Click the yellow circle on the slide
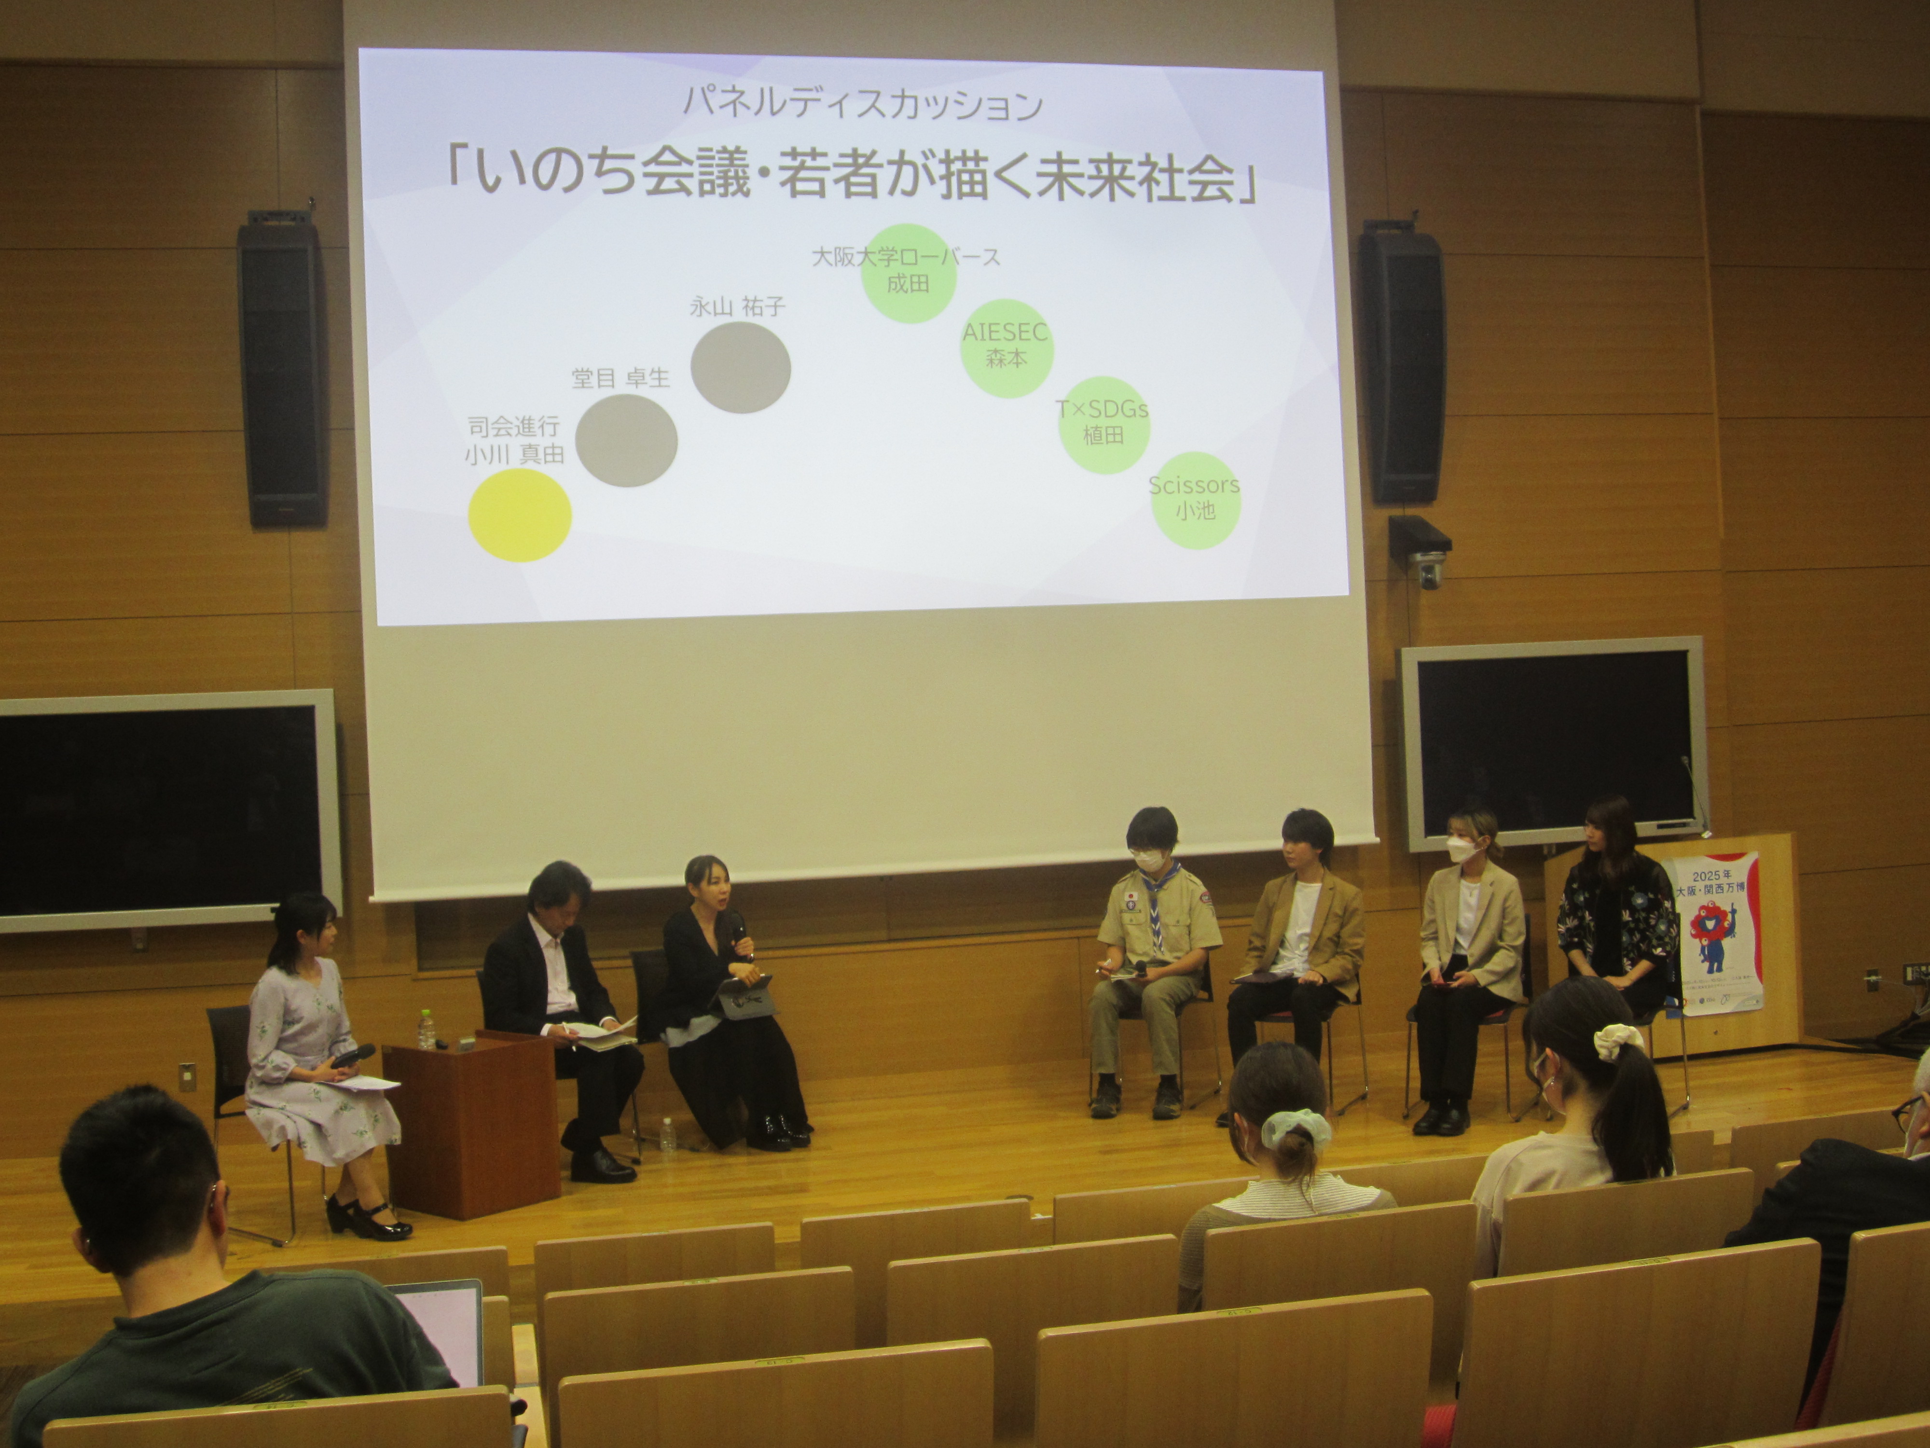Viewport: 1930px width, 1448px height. (520, 515)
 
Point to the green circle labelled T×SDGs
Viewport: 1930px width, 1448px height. (1104, 425)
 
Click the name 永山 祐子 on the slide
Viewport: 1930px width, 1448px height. (737, 306)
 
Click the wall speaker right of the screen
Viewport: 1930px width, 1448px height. (1400, 366)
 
